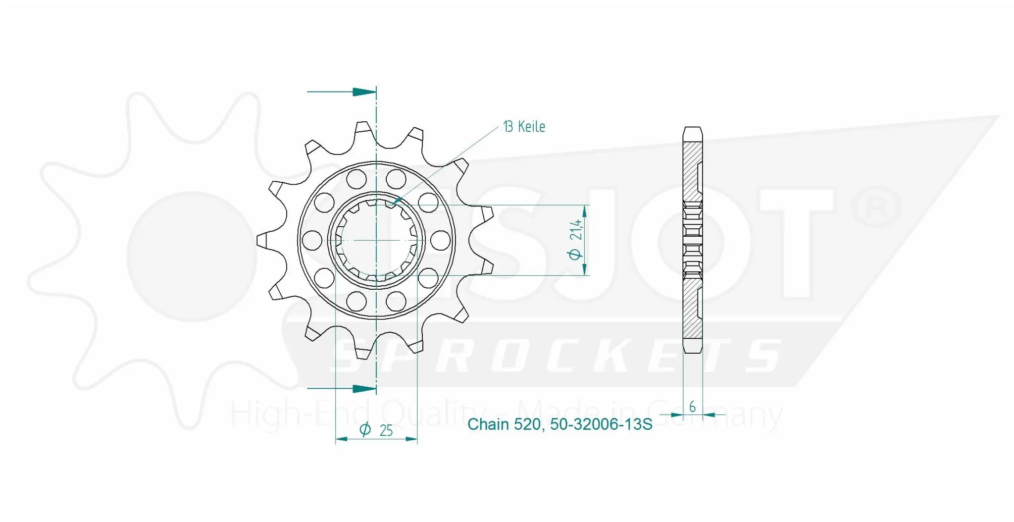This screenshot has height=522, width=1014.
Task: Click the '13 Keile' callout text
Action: (524, 127)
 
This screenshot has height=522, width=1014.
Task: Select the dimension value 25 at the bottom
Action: (386, 430)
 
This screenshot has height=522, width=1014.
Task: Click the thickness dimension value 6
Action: (692, 407)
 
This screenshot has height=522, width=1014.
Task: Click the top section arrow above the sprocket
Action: (363, 92)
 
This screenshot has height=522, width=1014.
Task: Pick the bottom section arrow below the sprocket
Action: (363, 389)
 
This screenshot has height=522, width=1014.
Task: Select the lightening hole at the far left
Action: (311, 240)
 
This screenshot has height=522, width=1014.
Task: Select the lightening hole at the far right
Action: (440, 240)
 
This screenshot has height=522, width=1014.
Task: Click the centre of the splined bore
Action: (376, 240)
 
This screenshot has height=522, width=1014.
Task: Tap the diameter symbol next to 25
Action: (365, 429)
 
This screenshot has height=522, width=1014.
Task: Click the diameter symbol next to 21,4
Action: (575, 254)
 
